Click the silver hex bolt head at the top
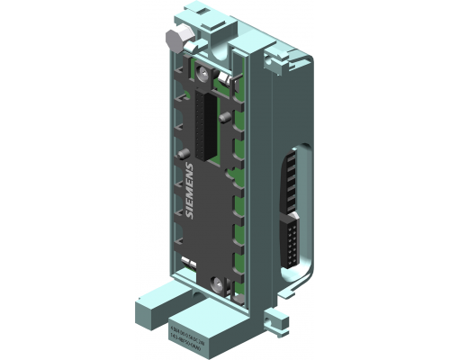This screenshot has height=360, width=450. [x=175, y=39]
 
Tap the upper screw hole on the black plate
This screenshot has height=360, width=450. [x=206, y=70]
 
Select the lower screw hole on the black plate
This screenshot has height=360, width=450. [x=218, y=283]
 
